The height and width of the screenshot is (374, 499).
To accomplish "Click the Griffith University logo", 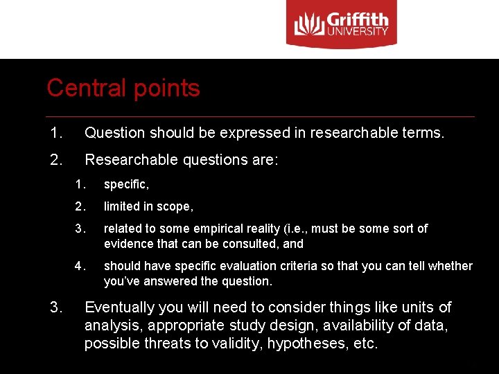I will coord(342,26).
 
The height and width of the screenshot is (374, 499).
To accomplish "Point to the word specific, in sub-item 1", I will coord(126,184).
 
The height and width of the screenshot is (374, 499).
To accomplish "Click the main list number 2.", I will coord(56,159).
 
